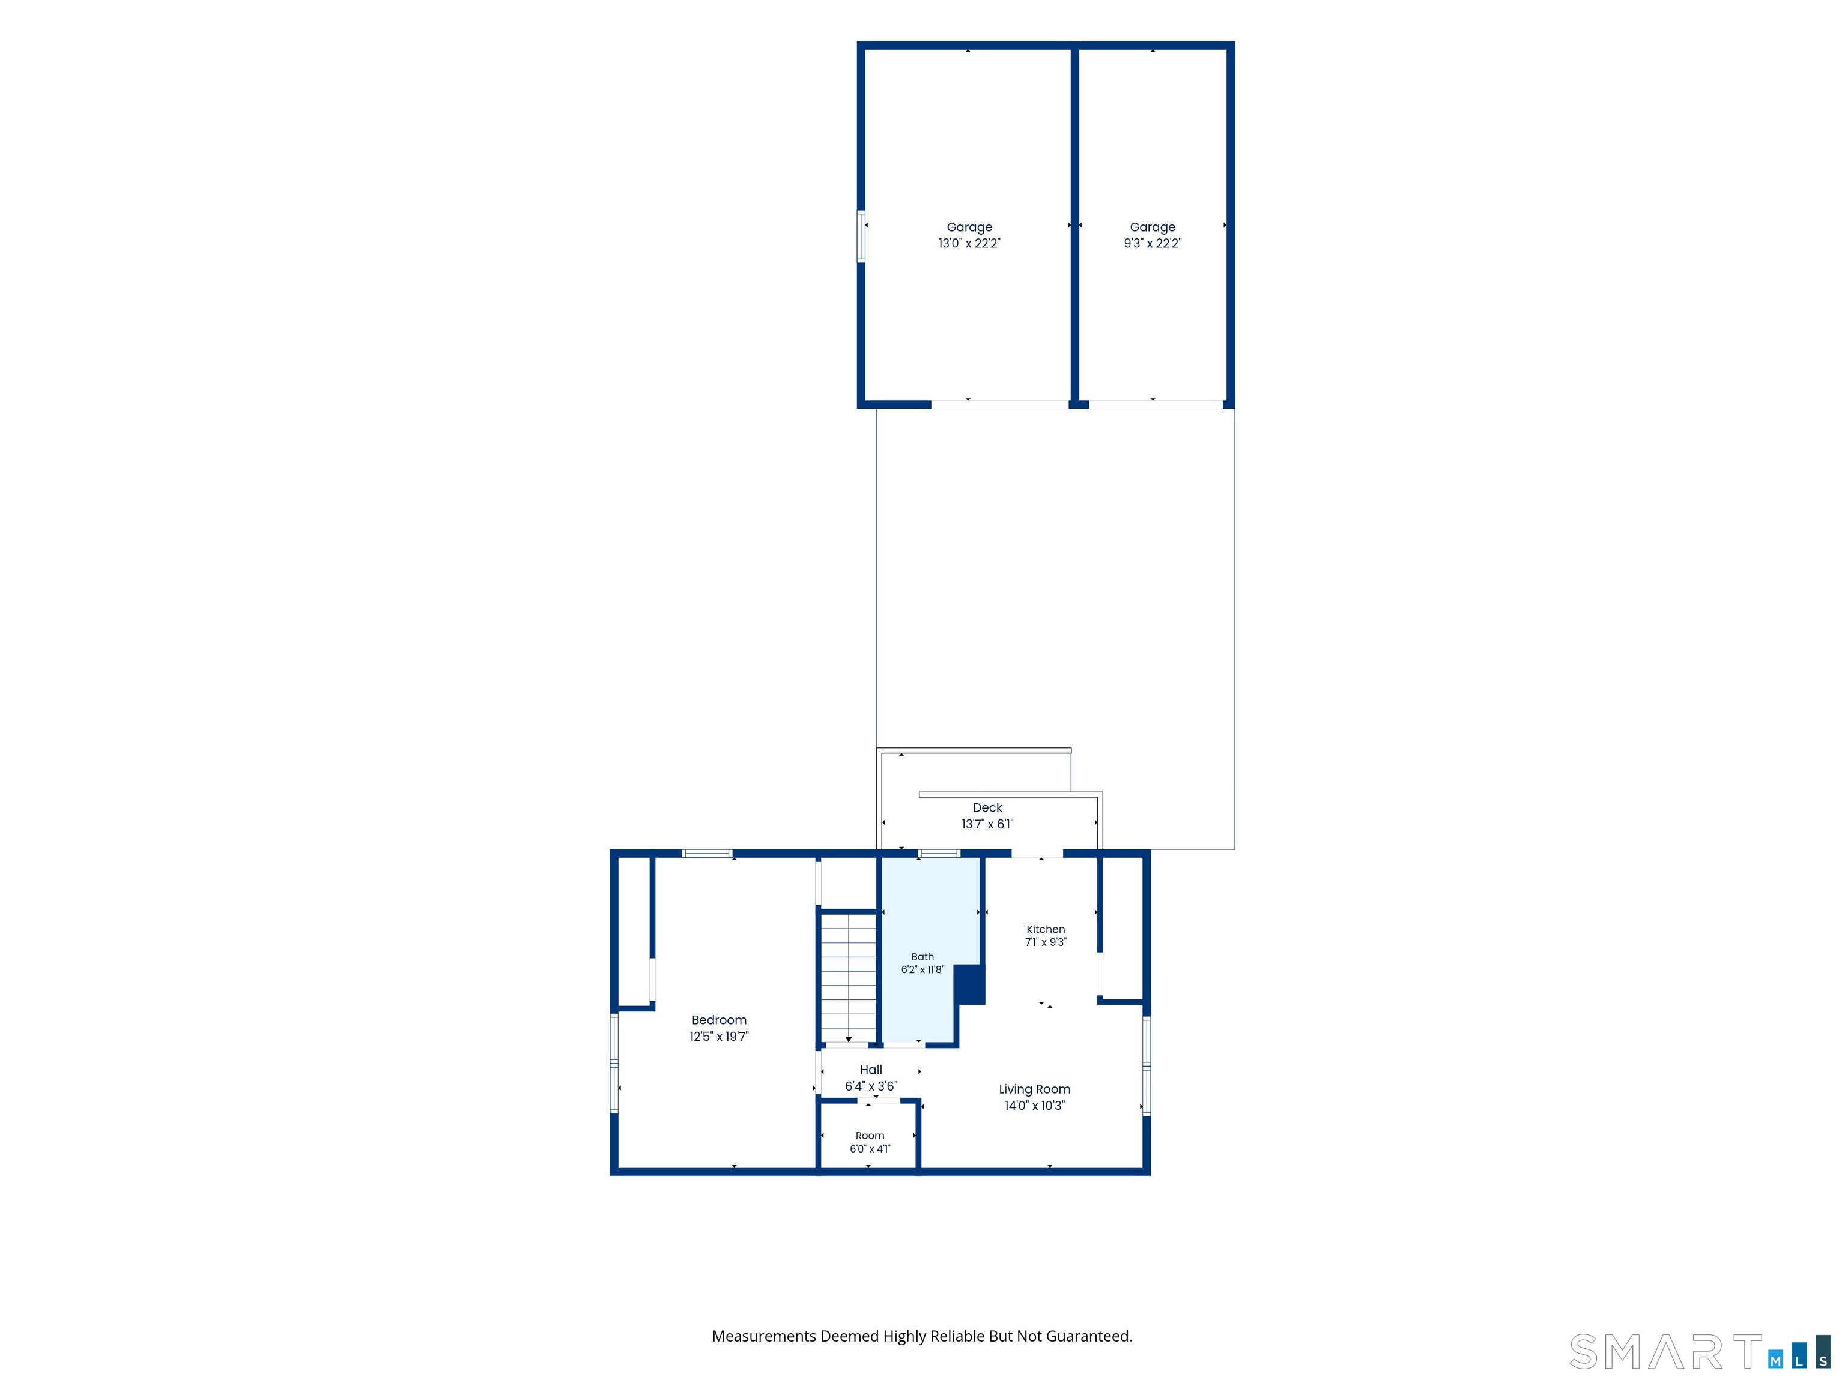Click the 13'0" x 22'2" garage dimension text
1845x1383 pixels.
pos(969,244)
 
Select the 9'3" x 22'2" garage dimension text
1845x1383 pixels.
pos(1153,244)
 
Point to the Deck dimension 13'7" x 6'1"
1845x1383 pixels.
pos(987,824)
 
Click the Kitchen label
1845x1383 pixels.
pos(1046,929)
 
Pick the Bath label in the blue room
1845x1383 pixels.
pos(922,956)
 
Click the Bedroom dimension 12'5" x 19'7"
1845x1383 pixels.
pos(719,1036)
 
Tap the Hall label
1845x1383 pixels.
pos(871,1070)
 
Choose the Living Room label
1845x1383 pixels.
pos(1034,1089)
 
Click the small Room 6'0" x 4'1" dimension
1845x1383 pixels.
pos(870,1149)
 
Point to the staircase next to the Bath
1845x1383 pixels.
pos(848,977)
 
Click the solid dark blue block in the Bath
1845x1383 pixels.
pos(969,984)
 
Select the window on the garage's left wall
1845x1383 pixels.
pos(861,237)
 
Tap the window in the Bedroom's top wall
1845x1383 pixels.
pos(707,853)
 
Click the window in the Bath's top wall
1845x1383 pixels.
pos(939,853)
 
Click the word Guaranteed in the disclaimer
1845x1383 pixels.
pos(1089,1336)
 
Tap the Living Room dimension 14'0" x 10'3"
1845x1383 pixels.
pos(1034,1106)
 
